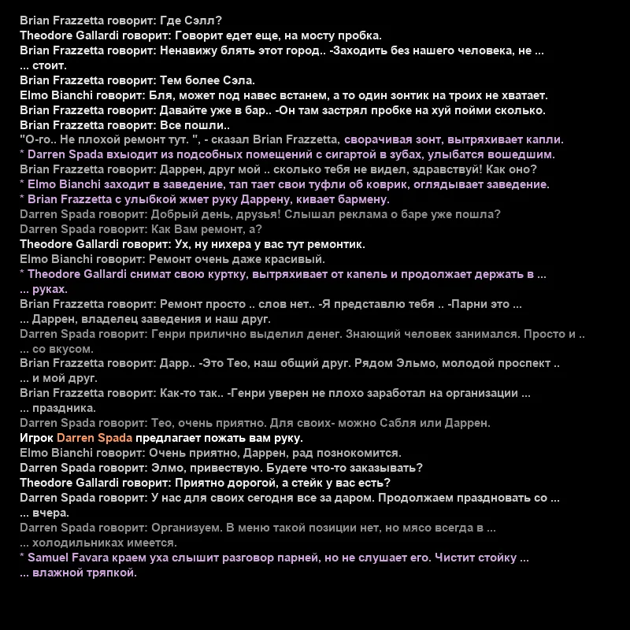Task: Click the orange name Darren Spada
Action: [94, 439]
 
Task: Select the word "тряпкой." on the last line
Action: [113, 573]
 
